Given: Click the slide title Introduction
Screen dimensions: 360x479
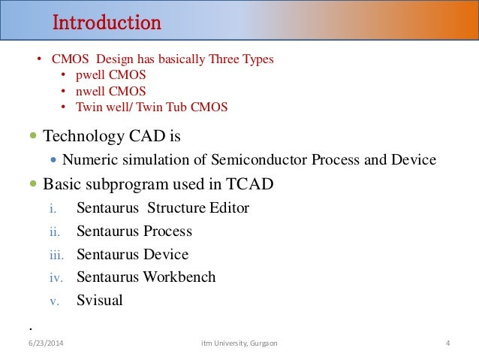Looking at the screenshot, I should [x=106, y=23].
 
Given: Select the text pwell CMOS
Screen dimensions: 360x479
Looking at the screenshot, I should [x=110, y=76].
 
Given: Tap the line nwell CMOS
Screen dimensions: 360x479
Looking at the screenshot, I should [x=110, y=92].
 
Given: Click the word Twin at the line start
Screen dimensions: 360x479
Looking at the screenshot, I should [x=89, y=107].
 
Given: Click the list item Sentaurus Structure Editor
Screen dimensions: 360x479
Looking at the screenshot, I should [x=162, y=207].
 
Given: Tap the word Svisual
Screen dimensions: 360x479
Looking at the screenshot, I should [x=99, y=301].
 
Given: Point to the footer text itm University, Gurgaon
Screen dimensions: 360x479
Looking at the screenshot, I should [x=239, y=343].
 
